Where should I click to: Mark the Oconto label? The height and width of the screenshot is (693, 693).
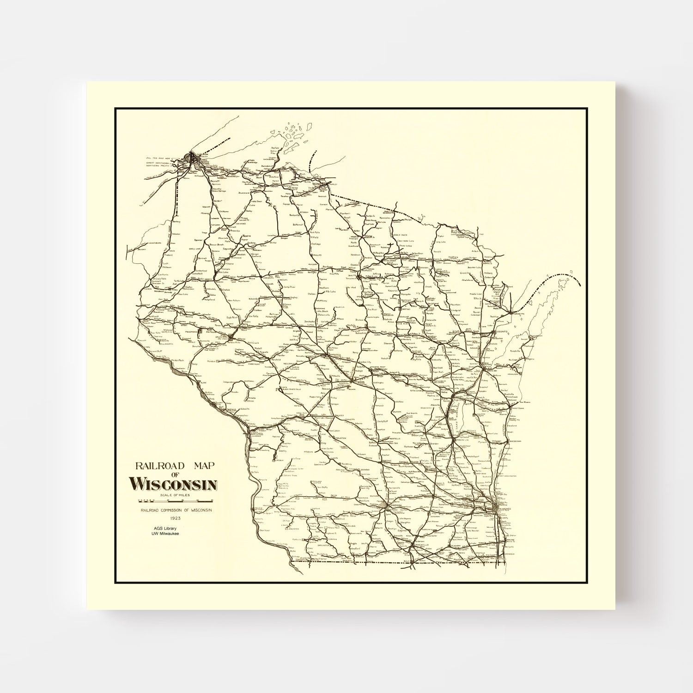point(500,332)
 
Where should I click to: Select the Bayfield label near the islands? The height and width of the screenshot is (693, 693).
point(276,147)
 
